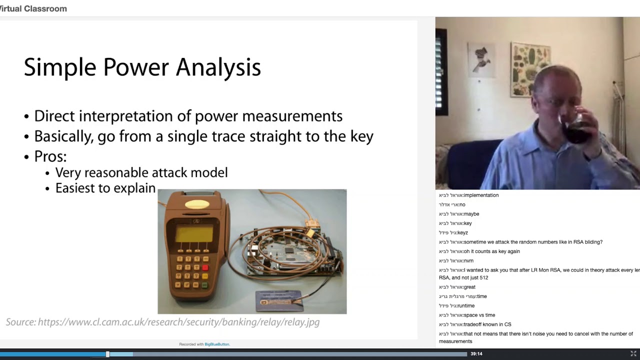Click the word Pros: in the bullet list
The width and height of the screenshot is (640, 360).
click(50, 156)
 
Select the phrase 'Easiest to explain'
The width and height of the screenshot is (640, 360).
click(105, 188)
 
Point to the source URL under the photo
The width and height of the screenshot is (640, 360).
click(178, 322)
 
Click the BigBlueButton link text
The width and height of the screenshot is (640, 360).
click(216, 344)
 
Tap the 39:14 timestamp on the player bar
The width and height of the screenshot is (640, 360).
click(476, 354)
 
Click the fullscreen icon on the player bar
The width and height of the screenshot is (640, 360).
click(633, 354)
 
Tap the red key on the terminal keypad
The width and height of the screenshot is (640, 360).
click(205, 267)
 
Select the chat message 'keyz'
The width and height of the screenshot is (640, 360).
click(462, 232)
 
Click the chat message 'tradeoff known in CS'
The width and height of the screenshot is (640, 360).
click(487, 324)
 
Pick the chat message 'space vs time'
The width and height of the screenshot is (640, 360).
click(479, 315)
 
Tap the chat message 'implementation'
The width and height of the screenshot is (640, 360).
click(481, 195)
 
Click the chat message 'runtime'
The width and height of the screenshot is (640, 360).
click(465, 306)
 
